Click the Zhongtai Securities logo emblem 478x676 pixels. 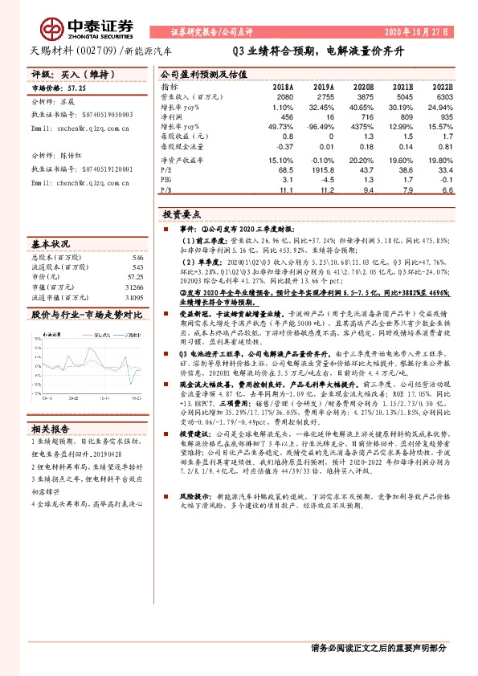(55, 31)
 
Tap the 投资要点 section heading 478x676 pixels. (181, 215)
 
